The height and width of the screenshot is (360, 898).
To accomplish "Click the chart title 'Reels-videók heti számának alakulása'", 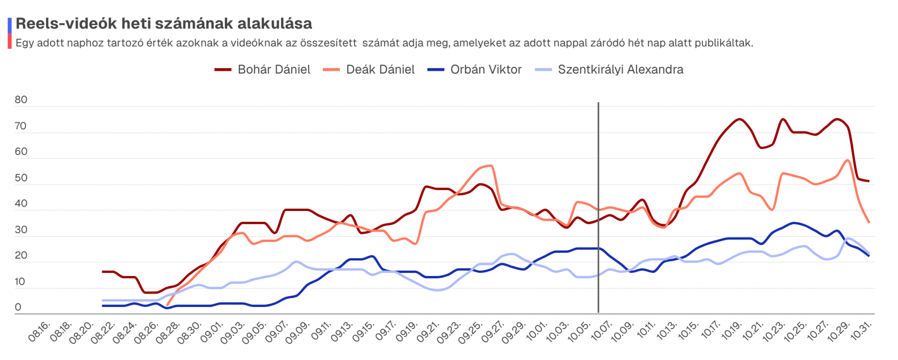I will (164, 23).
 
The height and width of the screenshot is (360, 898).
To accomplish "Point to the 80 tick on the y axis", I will (21, 100).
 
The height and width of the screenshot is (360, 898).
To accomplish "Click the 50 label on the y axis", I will (21, 178).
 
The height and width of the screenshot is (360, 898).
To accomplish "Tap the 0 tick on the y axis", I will (18, 307).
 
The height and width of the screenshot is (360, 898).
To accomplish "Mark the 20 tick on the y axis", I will (21, 255).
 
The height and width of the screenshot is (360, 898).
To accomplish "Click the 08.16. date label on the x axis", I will (40, 331).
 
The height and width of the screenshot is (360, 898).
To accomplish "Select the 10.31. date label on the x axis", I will (861, 331).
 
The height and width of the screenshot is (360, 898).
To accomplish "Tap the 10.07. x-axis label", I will (601, 331).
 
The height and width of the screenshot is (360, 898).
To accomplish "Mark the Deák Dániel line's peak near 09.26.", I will (491, 166).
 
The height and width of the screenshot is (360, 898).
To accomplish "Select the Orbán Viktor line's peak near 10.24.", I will (794, 223).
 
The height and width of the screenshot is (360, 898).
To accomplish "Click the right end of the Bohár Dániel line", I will (869, 181).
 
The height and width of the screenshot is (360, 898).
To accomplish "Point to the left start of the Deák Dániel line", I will (167, 305).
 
